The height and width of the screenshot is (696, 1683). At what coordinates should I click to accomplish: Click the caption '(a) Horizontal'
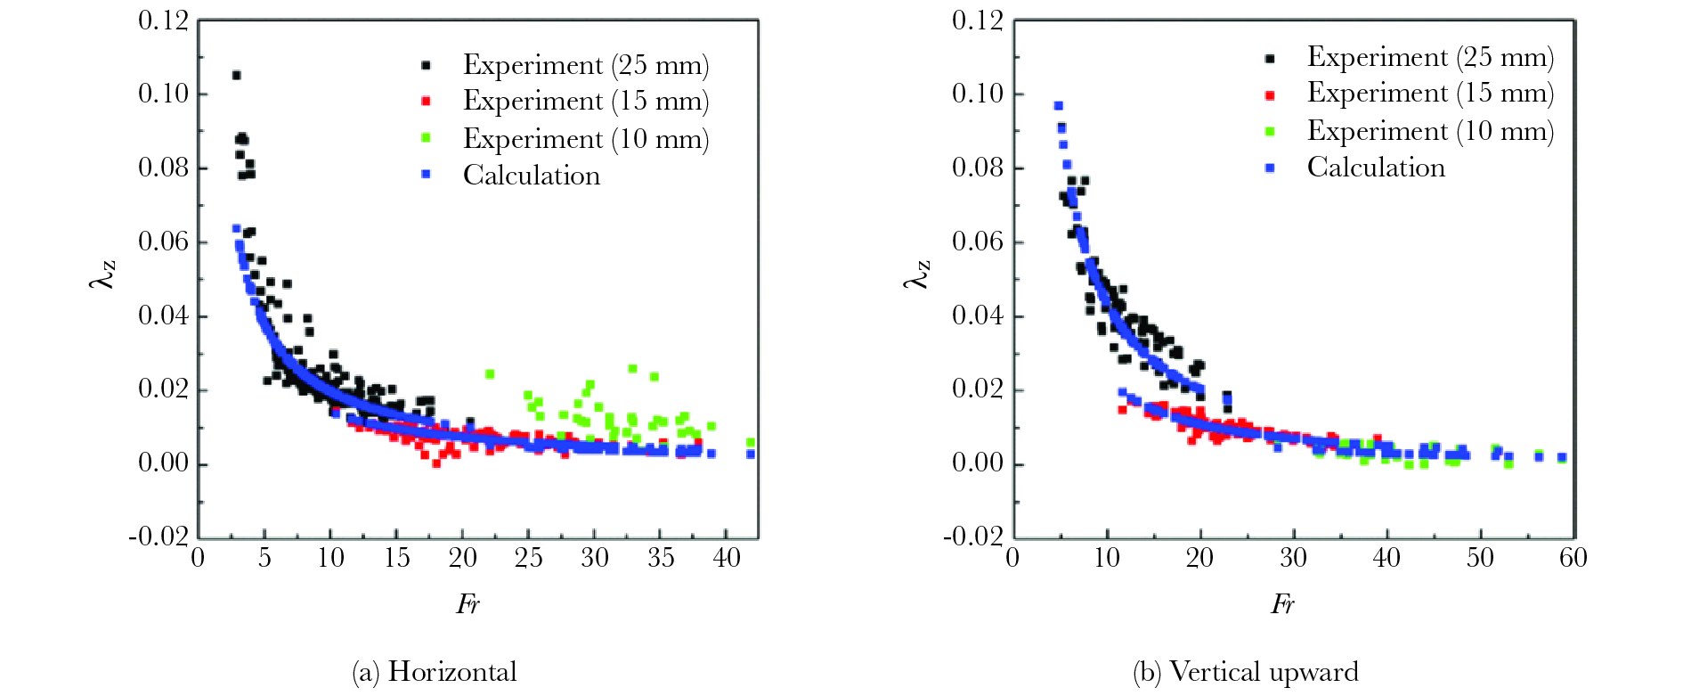[x=435, y=671]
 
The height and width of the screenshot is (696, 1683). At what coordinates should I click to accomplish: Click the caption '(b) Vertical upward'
[x=1246, y=671]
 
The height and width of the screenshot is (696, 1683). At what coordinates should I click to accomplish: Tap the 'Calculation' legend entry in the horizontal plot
[x=532, y=176]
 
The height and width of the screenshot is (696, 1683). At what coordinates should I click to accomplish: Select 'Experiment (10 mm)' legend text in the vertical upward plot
[x=1430, y=131]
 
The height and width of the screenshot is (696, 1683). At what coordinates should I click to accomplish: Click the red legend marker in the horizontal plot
[x=427, y=102]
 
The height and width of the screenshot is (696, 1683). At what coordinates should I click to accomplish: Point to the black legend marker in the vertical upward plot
[x=1270, y=59]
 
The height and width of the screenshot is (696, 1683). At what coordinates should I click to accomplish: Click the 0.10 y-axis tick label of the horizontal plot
[x=163, y=94]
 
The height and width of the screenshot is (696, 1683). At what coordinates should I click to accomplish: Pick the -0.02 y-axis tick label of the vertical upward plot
[x=973, y=536]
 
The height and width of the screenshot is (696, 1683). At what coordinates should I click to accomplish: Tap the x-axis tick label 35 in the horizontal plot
[x=661, y=559]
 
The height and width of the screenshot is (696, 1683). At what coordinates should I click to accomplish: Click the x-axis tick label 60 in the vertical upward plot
[x=1573, y=559]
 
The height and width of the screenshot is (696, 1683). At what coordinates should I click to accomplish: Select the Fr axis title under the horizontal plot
[x=467, y=605]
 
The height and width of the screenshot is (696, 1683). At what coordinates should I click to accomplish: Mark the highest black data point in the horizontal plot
[x=236, y=76]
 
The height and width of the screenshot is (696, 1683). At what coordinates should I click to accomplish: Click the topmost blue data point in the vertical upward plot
[x=1058, y=106]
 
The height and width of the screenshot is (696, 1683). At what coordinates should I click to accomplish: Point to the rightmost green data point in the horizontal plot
[x=751, y=442]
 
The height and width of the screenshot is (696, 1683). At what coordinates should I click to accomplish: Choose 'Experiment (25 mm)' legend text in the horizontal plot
[x=586, y=66]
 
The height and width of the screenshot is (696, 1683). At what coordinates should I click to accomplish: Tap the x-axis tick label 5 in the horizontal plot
[x=264, y=559]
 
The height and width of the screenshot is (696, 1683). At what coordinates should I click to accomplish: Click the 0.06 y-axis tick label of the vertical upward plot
[x=977, y=242]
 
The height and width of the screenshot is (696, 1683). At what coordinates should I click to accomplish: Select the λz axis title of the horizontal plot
[x=103, y=274]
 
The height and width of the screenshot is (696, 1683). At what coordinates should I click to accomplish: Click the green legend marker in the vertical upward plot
[x=1270, y=132]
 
